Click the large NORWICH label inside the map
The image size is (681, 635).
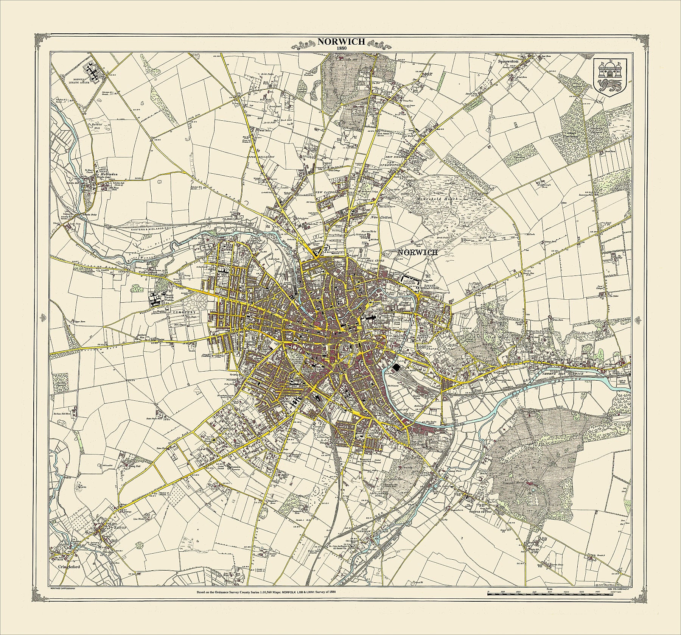[x=417, y=252]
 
